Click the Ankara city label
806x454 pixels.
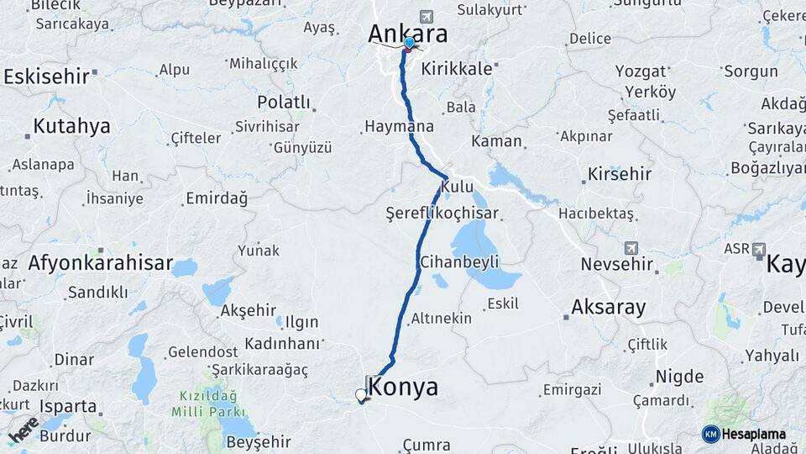pos(407,34)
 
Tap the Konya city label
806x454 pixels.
pos(403,388)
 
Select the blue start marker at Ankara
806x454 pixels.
pos(409,43)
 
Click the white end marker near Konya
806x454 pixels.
pos(361,394)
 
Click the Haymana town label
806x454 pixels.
pos(399,127)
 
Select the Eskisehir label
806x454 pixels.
pos(46,77)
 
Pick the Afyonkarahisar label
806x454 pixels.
pos(100,263)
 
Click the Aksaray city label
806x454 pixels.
pos(609,307)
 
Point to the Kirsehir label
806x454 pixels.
pos(620,174)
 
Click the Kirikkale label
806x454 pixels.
pos(457,69)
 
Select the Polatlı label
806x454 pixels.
pos(283,102)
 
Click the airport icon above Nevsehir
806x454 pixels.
pos(631,248)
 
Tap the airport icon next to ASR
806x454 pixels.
pos(759,250)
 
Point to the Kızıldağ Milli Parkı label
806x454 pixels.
pos(207,404)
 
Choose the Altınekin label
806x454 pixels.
pos(441,319)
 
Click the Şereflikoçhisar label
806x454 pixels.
pos(442,213)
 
